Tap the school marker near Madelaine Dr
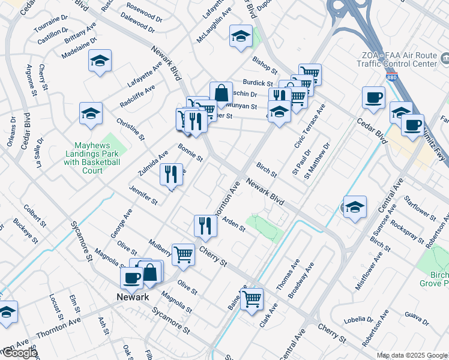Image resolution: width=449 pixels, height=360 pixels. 100,61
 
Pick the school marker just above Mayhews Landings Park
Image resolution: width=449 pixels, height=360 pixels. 91,113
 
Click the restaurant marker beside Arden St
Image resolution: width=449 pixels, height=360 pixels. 205,226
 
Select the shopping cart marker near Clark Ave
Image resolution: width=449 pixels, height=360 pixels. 252,298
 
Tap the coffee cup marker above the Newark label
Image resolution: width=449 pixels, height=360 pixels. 132,278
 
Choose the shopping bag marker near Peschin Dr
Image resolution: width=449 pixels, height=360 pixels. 221,93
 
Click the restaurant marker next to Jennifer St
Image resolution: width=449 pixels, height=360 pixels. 171,174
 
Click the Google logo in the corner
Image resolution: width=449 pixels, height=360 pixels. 19,353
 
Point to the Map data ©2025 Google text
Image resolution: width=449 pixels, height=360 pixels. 412,355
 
